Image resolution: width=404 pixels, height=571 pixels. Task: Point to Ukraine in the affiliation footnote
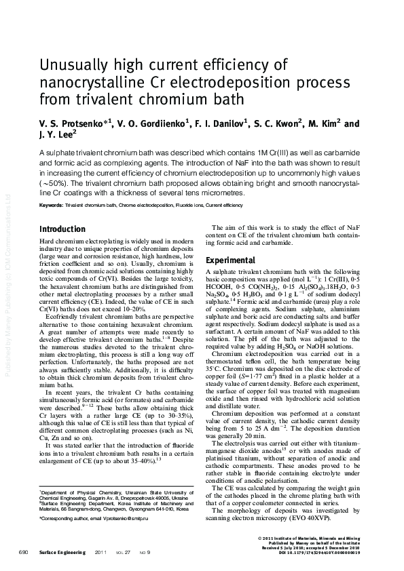pos(177,490)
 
